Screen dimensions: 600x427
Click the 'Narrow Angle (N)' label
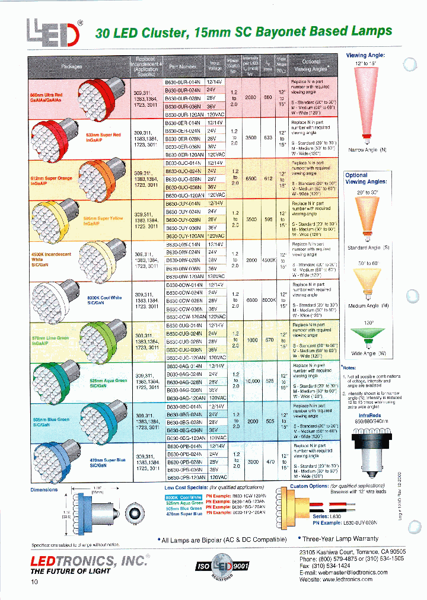[x=368, y=150]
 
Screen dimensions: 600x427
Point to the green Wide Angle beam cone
[x=369, y=336]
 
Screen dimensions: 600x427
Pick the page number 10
[x=34, y=582]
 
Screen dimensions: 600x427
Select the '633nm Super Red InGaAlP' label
[x=103, y=137]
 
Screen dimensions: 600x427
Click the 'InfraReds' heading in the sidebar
[x=369, y=416]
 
